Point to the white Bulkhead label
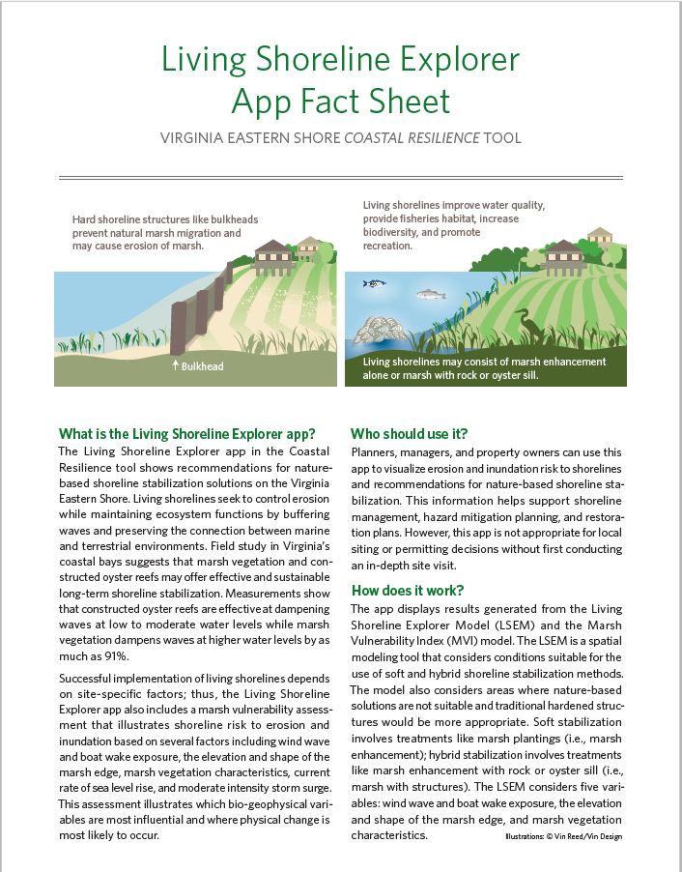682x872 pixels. pyautogui.click(x=202, y=366)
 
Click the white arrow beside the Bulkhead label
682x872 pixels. pyautogui.click(x=175, y=366)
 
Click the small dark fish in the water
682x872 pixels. pyautogui.click(x=372, y=283)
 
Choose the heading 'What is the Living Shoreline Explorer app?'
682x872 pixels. pyautogui.click(x=193, y=433)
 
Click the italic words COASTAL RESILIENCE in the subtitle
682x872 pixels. pyautogui.click(x=417, y=138)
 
